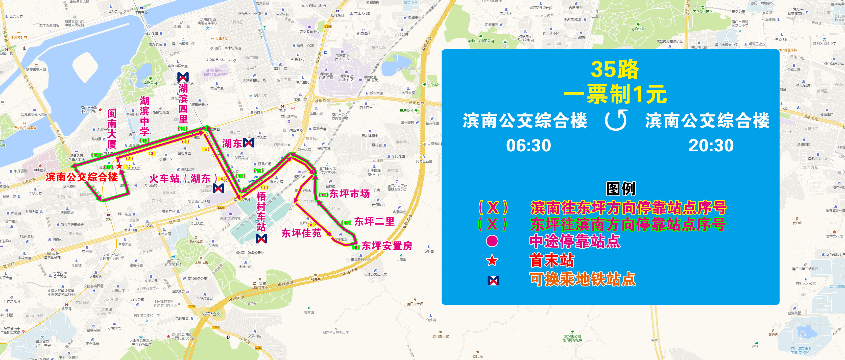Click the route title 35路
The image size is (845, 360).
614,69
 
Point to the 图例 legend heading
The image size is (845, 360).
620,189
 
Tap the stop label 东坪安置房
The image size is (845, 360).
387,246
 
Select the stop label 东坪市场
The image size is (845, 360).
349,194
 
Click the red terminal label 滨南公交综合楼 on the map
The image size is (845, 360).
82,177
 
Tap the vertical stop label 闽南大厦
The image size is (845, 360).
112,129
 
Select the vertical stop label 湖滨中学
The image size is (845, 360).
144,116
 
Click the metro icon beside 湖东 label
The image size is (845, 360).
249,143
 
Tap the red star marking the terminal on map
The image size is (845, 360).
120,166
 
